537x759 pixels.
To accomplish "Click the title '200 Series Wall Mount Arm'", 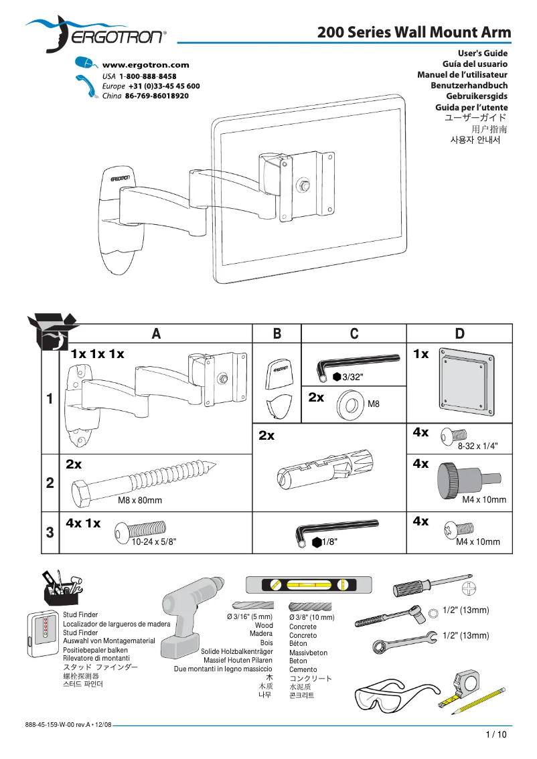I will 414,32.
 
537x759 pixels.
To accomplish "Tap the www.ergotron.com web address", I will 145,65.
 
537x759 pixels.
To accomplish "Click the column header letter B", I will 277,334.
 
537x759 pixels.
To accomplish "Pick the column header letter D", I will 459,334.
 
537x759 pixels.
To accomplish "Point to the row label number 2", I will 50,483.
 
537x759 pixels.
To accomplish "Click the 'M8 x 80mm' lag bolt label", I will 140,500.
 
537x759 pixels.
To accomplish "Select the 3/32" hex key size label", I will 352,377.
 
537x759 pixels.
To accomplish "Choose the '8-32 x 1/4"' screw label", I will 477,445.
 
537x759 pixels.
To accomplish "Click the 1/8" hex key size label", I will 328,542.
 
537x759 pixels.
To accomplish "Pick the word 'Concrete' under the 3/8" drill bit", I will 303,627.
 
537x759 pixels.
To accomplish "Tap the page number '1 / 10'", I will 496,734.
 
